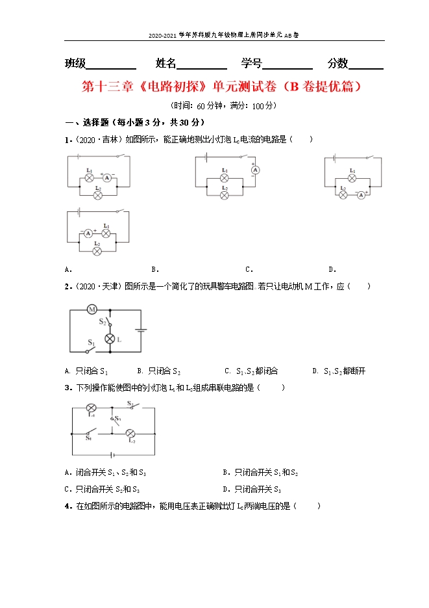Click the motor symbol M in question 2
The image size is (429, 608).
pyautogui.click(x=92, y=310)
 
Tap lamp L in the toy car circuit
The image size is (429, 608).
pyautogui.click(x=110, y=339)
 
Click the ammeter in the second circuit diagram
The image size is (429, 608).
pyautogui.click(x=256, y=169)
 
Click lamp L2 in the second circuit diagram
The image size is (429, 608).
pyautogui.click(x=225, y=194)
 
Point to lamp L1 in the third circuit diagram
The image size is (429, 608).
pyautogui.click(x=352, y=177)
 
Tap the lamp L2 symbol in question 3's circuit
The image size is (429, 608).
pyautogui.click(x=130, y=433)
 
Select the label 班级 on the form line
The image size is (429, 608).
pyautogui.click(x=75, y=63)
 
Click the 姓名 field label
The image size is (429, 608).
pyautogui.click(x=166, y=63)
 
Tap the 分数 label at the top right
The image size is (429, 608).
pyautogui.click(x=338, y=63)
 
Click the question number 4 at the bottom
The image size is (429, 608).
pyautogui.click(x=67, y=506)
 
